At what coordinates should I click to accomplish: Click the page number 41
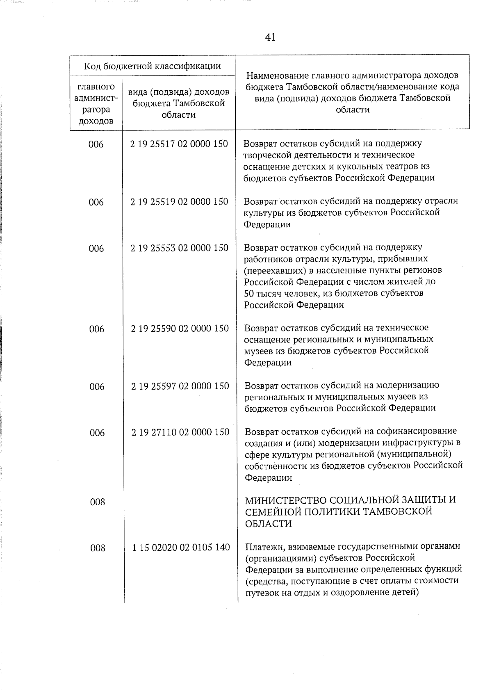[270, 37]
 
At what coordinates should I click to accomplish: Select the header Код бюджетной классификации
[152, 66]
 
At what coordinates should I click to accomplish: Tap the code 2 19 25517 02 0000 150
[179, 144]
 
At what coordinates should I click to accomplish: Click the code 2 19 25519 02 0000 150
[179, 202]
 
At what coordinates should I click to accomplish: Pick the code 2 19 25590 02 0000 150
[180, 329]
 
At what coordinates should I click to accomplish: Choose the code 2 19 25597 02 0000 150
[180, 386]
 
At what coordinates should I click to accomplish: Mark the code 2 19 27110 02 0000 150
[180, 432]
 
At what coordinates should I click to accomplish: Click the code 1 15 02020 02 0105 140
[181, 548]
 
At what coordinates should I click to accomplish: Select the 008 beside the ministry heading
[97, 502]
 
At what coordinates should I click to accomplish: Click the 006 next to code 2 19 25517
[96, 144]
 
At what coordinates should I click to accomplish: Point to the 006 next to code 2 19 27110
[97, 433]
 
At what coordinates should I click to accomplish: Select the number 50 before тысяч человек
[249, 293]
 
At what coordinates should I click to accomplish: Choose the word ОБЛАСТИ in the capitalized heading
[263, 524]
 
